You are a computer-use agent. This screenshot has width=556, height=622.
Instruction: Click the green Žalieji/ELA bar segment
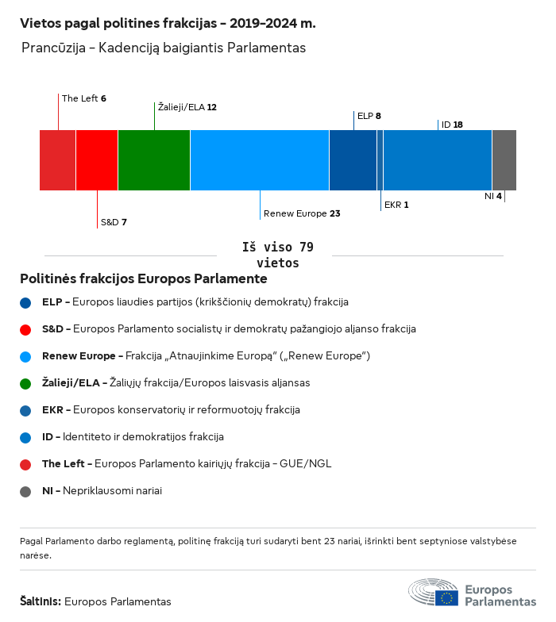(x=154, y=160)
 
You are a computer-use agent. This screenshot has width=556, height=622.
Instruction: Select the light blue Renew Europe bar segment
(x=260, y=160)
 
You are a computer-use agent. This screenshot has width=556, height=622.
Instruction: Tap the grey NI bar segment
(x=504, y=160)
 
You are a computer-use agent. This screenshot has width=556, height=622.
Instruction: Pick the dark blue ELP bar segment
(x=353, y=160)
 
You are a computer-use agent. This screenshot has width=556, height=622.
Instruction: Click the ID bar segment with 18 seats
(x=438, y=160)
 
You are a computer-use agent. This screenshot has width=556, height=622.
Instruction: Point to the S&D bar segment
(x=97, y=160)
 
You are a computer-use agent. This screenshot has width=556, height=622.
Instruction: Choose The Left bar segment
(x=57, y=160)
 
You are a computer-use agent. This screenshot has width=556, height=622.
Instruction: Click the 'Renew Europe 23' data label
(x=302, y=213)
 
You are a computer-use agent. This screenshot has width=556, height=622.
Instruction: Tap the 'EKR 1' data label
(x=396, y=205)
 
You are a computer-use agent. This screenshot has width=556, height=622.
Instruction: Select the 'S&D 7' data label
(x=114, y=222)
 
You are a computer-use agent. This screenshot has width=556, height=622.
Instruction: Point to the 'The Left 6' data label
(x=84, y=98)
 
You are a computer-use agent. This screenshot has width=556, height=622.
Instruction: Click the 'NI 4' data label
(x=493, y=196)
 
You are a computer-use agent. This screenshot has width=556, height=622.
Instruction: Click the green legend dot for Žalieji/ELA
(x=25, y=383)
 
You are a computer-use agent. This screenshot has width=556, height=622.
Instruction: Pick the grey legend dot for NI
(x=25, y=491)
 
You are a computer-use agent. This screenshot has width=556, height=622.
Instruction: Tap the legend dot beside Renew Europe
(x=25, y=356)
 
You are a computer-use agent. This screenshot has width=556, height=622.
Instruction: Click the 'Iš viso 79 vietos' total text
(x=277, y=255)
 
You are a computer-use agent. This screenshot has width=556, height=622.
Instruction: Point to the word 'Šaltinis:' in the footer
(x=40, y=601)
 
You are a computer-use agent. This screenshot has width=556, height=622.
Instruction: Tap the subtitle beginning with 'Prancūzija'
(x=164, y=48)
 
